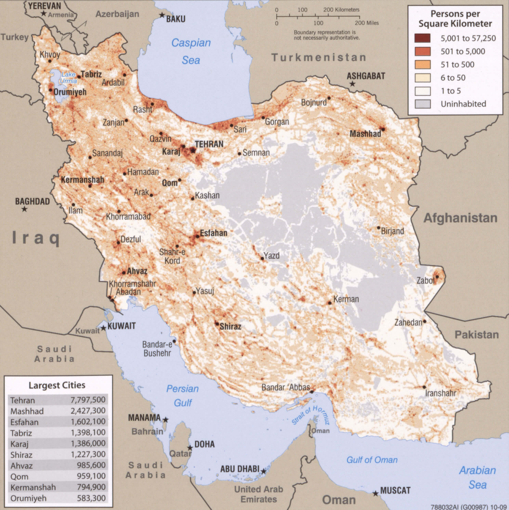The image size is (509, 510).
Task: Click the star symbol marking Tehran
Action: click(x=193, y=150)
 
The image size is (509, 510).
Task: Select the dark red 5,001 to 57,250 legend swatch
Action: click(x=422, y=38)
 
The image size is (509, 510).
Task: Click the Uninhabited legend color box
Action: click(x=422, y=104)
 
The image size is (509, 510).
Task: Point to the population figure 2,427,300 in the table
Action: click(x=88, y=411)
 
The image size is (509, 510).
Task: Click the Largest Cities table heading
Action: click(x=57, y=385)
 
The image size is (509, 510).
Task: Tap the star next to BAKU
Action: click(x=162, y=15)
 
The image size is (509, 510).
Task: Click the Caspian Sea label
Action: click(x=191, y=51)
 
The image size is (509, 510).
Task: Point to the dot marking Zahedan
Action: click(x=424, y=322)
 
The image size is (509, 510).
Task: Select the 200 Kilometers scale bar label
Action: click(x=341, y=10)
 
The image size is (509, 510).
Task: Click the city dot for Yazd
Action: click(x=262, y=258)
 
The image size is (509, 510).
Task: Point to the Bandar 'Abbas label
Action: click(x=285, y=387)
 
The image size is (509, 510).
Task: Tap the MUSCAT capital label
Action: click(x=395, y=491)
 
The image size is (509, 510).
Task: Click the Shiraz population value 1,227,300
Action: click(x=88, y=454)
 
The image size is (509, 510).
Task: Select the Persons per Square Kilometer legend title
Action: click(x=455, y=19)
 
